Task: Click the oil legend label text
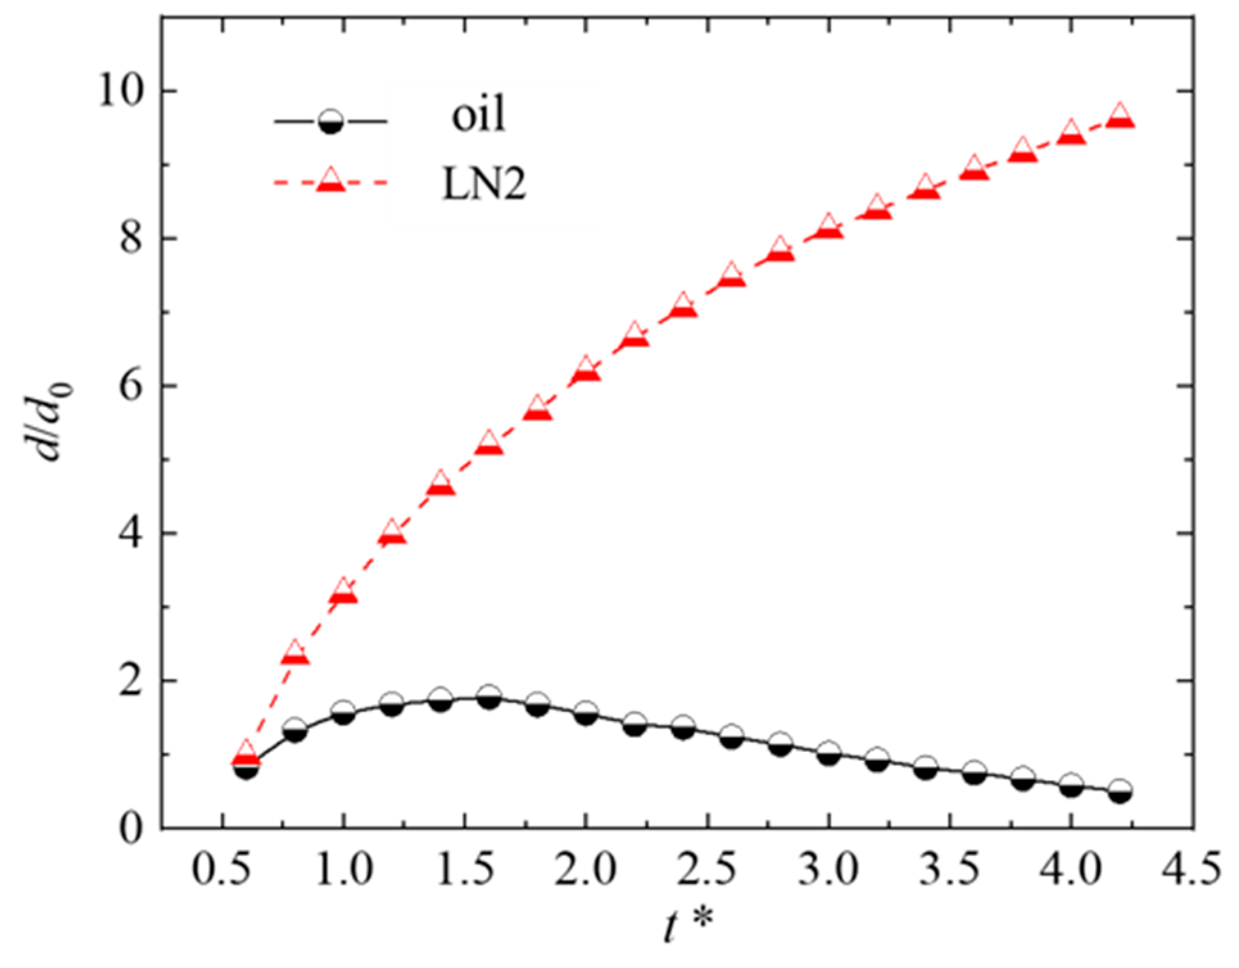479,116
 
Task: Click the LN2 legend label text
484,185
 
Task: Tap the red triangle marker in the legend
331,181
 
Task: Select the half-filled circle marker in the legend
331,121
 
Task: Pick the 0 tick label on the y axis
131,828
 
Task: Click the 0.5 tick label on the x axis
222,870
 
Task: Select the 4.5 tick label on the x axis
1192,870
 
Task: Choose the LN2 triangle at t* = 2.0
586,369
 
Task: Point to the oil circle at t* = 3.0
829,754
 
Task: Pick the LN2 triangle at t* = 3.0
829,226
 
